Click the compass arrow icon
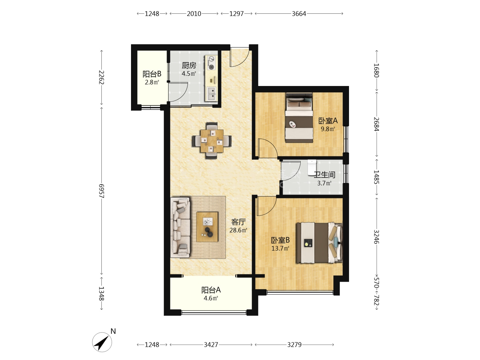coord(102,342)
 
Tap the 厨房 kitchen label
coord(189,65)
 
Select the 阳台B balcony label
coord(152,74)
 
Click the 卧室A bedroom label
coord(328,120)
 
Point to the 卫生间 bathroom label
coord(325,175)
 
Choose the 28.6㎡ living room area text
coord(238,230)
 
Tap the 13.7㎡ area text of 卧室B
coord(280,248)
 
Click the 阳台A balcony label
coord(211,290)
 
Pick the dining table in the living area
coord(212,141)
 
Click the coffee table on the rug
coord(207,227)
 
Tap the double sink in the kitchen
coord(211,93)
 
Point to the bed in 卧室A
coord(299,118)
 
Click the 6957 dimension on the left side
coord(101,191)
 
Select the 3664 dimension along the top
coord(299,14)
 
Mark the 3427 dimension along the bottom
coord(211,345)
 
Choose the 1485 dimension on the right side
coord(376,177)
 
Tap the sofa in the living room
coord(180,228)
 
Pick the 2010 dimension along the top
coord(194,14)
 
